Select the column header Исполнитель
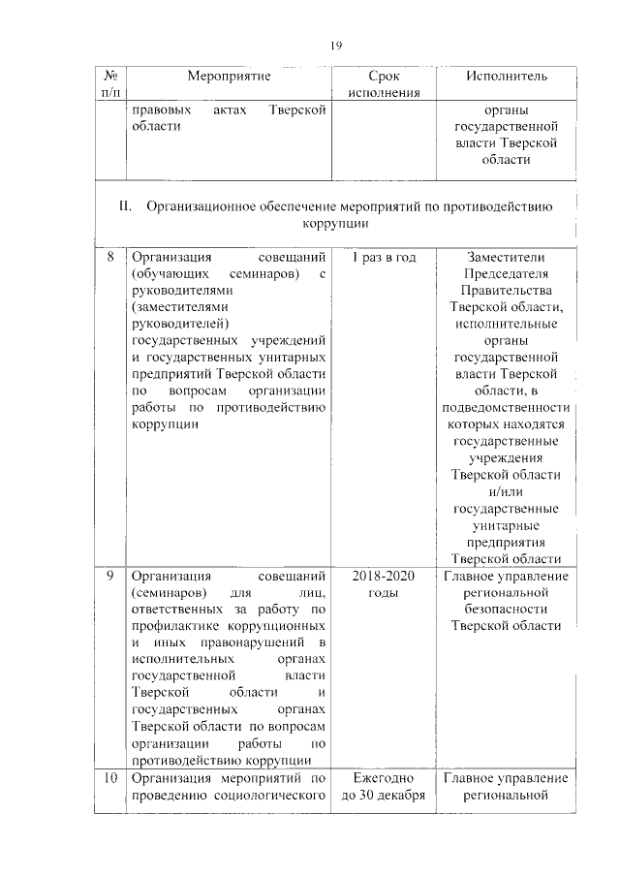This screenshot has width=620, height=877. pyautogui.click(x=506, y=76)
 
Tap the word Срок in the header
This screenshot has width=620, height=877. pyautogui.click(x=384, y=76)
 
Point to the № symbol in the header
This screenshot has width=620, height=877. pyautogui.click(x=109, y=76)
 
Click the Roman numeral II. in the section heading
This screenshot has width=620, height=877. pyautogui.click(x=125, y=206)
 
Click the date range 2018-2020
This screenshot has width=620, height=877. pyautogui.click(x=384, y=578)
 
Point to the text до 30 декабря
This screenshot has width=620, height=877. pyautogui.click(x=384, y=798)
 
